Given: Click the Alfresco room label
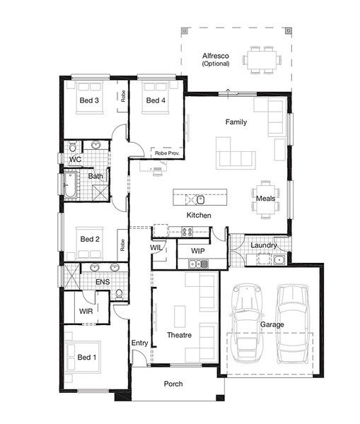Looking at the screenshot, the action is coord(216,56).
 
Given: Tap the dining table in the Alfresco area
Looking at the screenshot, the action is coord(262,60).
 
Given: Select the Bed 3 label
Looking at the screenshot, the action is coord(89,100).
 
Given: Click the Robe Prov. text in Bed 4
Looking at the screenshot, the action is coord(167,153).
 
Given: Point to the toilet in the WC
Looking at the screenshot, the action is coord(73,146).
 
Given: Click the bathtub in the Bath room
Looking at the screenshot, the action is coord(70,185).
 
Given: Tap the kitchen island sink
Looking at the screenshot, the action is coord(201,200).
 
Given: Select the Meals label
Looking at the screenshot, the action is coord(265,199).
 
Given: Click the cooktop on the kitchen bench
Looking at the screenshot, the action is coord(187,232).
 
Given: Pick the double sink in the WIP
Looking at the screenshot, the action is coord(199,264).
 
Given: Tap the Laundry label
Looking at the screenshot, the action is coord(263,245).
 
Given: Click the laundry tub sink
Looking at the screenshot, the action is coord(279,260).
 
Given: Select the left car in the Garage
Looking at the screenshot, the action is coord(247,323).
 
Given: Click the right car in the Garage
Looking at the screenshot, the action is coord(293,324).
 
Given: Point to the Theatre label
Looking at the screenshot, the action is coord(179,335).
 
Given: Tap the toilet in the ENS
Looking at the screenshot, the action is coord(119,294).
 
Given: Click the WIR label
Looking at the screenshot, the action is coord(86,311).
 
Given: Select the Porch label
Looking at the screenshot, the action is coord(173,384).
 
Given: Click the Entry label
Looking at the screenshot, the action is coord(139,343).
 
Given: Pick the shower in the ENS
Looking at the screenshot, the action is coord(72,276).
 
